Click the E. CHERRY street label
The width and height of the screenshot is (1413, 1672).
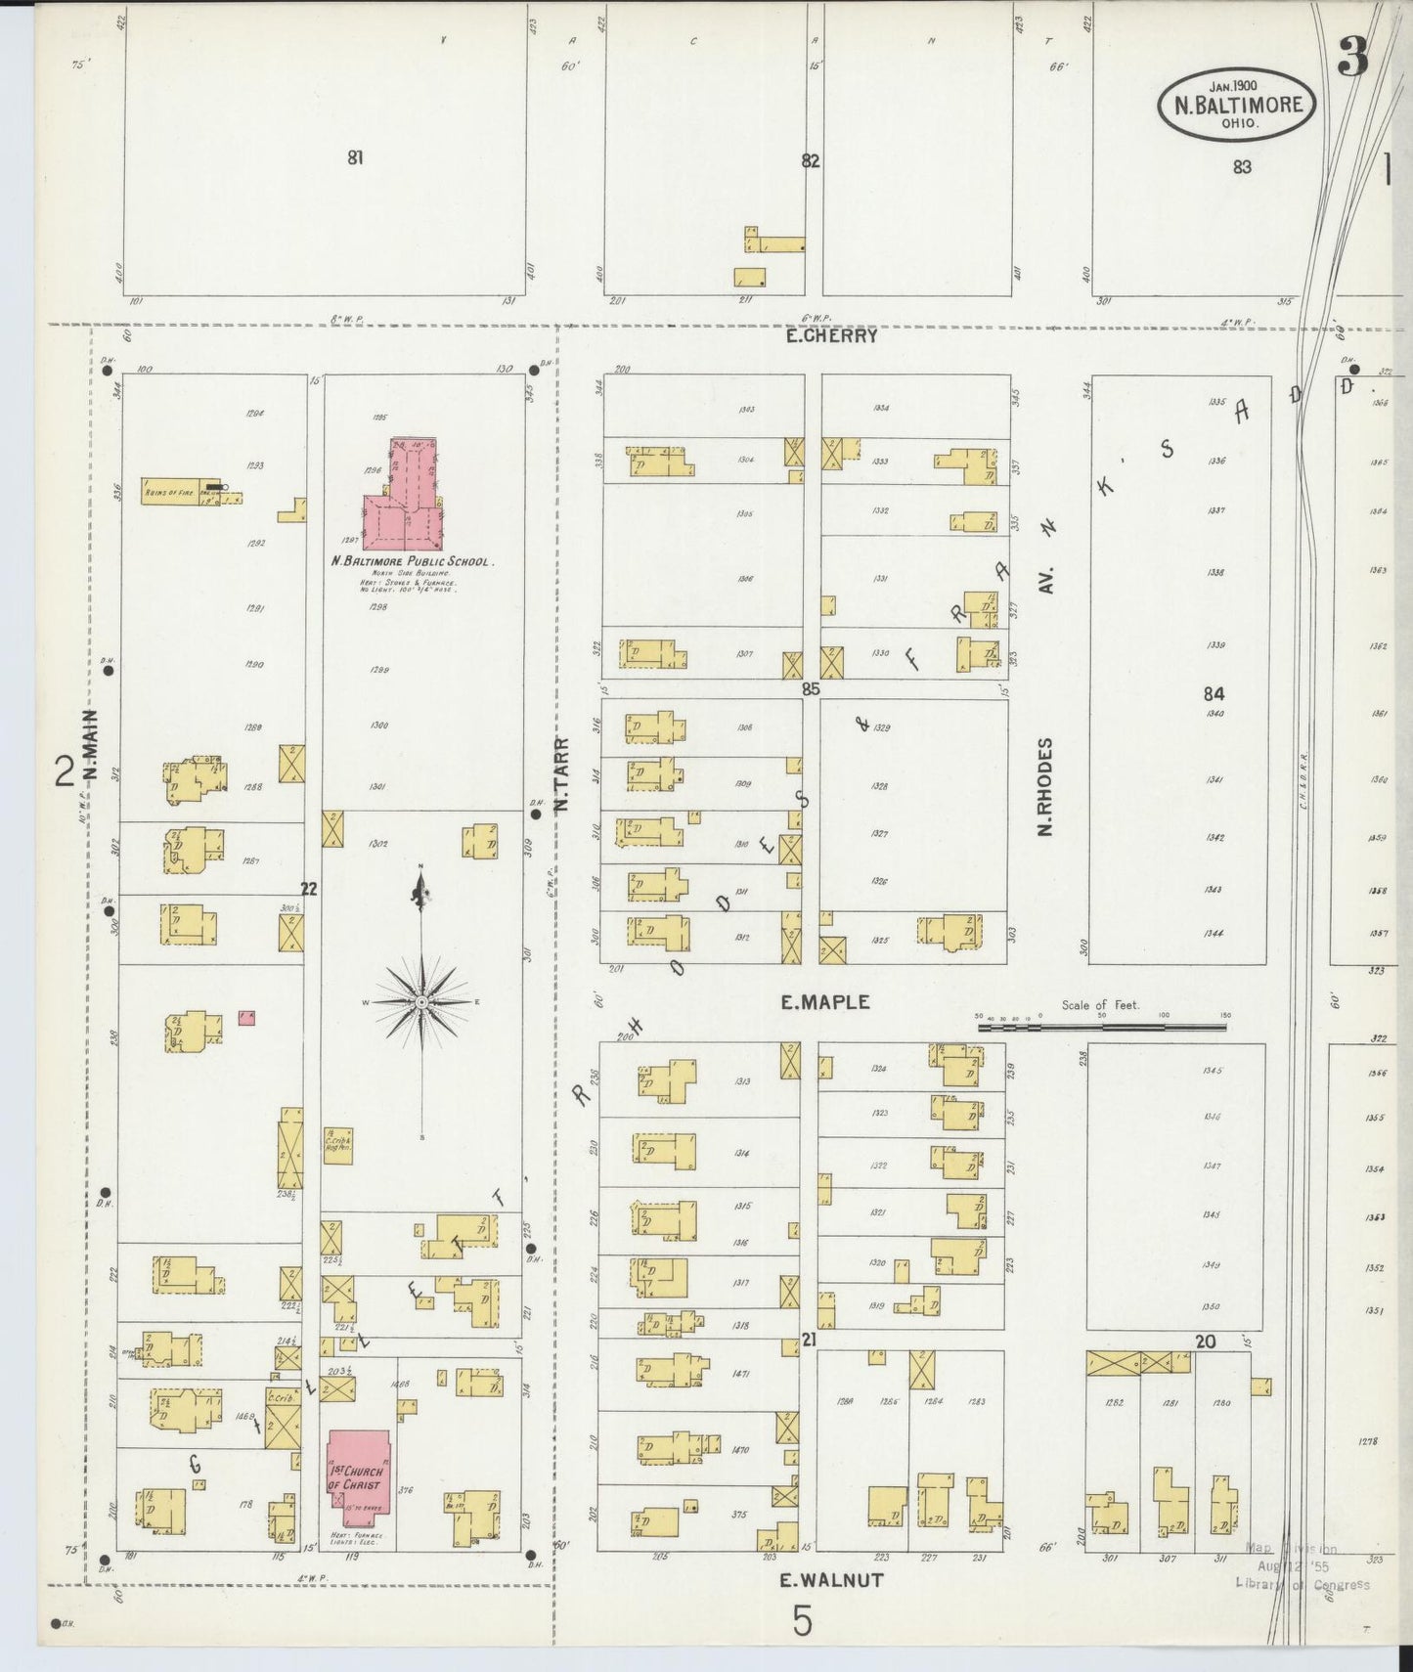tap(832, 335)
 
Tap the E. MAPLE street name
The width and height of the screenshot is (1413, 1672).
tap(825, 1002)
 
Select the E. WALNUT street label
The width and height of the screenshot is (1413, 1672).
tap(831, 1579)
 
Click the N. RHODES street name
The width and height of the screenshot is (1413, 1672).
tap(1045, 787)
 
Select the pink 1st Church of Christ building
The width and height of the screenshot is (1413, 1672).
tap(358, 1473)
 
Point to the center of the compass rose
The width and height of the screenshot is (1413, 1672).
tap(420, 1002)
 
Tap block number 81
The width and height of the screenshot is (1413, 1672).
tap(355, 156)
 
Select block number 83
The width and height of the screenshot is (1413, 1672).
tap(1242, 167)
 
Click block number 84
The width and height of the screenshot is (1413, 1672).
tap(1214, 693)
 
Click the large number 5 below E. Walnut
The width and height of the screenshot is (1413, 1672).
tap(802, 1623)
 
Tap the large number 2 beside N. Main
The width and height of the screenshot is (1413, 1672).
tap(66, 771)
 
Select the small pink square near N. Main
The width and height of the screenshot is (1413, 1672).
tap(247, 1018)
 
